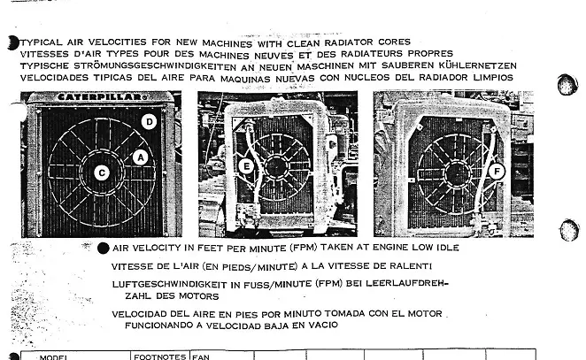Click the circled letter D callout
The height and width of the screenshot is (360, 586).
149,121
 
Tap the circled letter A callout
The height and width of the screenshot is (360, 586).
141,157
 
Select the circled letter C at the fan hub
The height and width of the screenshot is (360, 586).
102,172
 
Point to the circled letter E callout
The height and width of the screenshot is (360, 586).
246,166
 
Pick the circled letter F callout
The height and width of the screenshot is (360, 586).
497,172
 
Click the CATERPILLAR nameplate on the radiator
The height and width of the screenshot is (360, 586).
102,97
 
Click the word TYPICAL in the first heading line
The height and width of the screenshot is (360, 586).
42,42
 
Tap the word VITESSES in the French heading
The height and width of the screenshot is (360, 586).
44,54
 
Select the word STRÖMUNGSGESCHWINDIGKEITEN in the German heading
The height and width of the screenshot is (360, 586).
155,66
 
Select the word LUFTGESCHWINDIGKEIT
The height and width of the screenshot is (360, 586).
170,284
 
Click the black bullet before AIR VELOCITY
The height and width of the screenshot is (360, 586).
104,249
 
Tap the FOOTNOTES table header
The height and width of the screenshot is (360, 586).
160,356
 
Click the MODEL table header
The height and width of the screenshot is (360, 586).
53,357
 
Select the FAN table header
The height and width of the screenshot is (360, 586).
201,357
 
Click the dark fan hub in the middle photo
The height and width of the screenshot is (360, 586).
276,167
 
